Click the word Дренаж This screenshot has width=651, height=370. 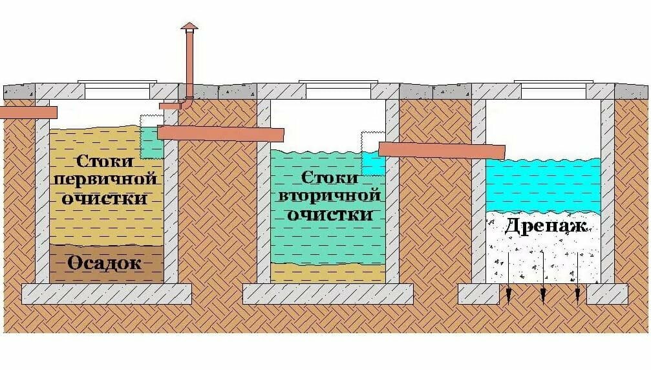(x=546, y=226)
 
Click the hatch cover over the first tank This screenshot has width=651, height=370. (x=117, y=82)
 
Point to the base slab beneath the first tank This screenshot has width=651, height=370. (x=107, y=294)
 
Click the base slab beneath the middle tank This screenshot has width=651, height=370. (x=328, y=294)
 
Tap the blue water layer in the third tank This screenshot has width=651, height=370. (x=543, y=184)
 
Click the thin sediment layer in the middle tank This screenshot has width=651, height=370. (x=328, y=272)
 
